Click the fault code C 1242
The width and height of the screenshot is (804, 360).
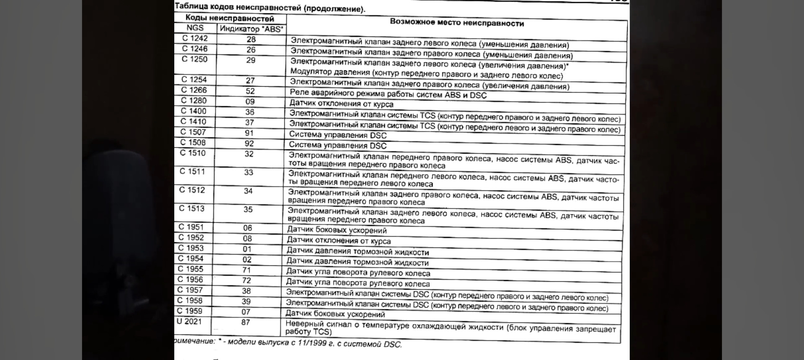tap(195, 39)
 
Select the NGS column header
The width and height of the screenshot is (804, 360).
tap(195, 28)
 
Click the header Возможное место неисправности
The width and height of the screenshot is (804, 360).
tap(456, 23)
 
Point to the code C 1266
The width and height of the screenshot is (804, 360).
tap(194, 90)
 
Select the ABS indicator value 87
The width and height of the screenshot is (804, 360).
tap(246, 322)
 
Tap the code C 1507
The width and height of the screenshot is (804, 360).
tap(193, 132)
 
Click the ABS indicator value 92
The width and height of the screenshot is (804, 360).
tap(250, 144)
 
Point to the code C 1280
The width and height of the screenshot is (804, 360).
tap(193, 100)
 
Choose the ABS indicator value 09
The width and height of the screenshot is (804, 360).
tap(250, 102)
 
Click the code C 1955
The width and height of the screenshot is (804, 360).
tap(190, 269)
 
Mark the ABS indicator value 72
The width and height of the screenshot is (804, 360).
tap(247, 280)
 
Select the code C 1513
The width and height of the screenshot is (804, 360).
tap(192, 208)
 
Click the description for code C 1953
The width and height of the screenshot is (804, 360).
tap(358, 252)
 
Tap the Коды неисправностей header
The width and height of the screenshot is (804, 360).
tap(229, 18)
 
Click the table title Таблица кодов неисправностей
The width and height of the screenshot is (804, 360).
tap(270, 8)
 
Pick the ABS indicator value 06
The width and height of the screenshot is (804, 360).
tap(247, 228)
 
